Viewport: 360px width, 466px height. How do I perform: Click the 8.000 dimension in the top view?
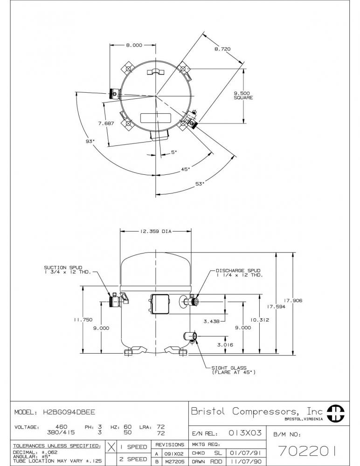[x=134, y=45]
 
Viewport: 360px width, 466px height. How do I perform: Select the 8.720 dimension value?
[x=222, y=49]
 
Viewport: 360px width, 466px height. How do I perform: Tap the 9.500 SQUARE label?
[x=243, y=96]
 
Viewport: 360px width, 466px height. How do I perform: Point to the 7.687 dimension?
[x=106, y=123]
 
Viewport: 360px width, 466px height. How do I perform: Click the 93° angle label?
[x=90, y=142]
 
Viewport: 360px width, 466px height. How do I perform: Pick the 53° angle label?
[x=200, y=184]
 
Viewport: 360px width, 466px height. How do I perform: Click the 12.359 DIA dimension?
[x=156, y=231]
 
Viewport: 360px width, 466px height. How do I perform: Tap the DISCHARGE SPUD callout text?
[x=239, y=273]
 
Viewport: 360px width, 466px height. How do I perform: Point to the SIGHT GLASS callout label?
[x=234, y=370]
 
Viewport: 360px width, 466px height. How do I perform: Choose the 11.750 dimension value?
[x=83, y=320]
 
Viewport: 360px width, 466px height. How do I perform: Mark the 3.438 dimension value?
[x=212, y=321]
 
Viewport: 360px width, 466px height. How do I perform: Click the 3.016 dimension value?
[x=225, y=345]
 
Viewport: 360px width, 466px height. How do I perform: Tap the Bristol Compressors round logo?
[x=336, y=413]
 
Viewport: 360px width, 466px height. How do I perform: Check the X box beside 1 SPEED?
[x=111, y=447]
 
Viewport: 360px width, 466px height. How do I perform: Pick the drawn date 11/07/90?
[x=246, y=461]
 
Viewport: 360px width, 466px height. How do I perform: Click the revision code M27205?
[x=175, y=461]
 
